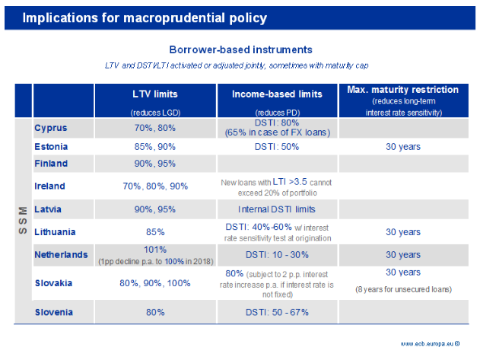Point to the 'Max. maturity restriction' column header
402,90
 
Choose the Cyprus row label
51,128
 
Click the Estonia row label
52,145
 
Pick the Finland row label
51,163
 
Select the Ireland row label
50,186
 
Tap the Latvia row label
49,209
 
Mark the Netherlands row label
61,254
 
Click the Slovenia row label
55,311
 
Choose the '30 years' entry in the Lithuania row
403,231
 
